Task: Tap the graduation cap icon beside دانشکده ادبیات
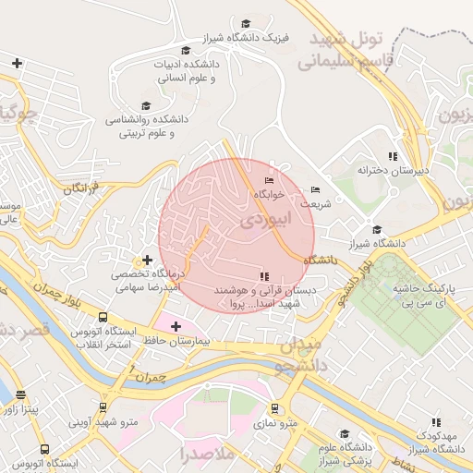[x=186, y=50]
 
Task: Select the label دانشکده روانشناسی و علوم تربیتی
[x=152, y=127]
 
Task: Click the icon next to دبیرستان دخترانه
[x=393, y=156]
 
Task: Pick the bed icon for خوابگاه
[x=269, y=180]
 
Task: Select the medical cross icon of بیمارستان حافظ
[x=176, y=326]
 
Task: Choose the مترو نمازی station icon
[x=274, y=407]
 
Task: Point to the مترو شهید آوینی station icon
[x=103, y=406]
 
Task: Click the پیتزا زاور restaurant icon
[x=20, y=394]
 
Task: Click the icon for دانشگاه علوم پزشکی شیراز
[x=345, y=434]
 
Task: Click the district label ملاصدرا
[x=210, y=455]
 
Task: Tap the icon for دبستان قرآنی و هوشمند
[x=264, y=276]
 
